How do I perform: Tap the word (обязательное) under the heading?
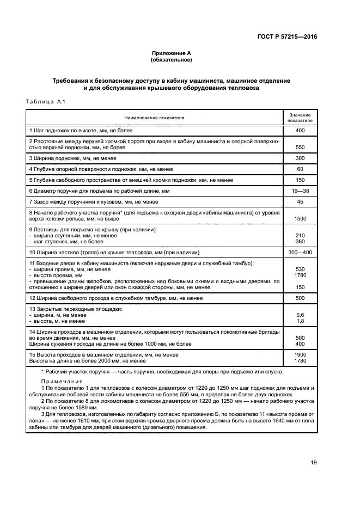[x=172, y=60]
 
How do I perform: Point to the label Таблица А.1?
[x=45, y=101]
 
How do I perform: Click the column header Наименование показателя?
[x=154, y=117]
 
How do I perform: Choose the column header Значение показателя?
[x=300, y=118]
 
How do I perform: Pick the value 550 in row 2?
[x=300, y=147]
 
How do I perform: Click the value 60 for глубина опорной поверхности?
[x=300, y=169]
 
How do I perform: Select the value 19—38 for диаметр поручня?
[x=300, y=191]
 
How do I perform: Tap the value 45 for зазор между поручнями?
[x=300, y=202]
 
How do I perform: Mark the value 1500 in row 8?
[x=300, y=218]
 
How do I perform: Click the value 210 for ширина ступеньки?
[x=300, y=235]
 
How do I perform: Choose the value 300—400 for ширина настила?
[x=300, y=253]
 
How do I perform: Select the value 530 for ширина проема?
[x=300, y=269]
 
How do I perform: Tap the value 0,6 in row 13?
[x=300, y=315]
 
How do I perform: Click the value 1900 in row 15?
[x=300, y=354]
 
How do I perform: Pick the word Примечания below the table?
[x=62, y=382]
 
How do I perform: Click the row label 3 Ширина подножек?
[x=73, y=158]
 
